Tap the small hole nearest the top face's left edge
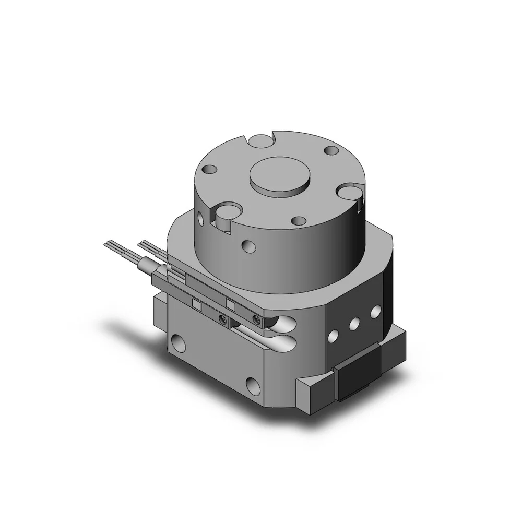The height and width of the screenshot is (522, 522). (x=209, y=170)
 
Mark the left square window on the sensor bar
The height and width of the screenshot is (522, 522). (x=197, y=304)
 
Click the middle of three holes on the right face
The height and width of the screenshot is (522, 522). (x=354, y=323)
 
